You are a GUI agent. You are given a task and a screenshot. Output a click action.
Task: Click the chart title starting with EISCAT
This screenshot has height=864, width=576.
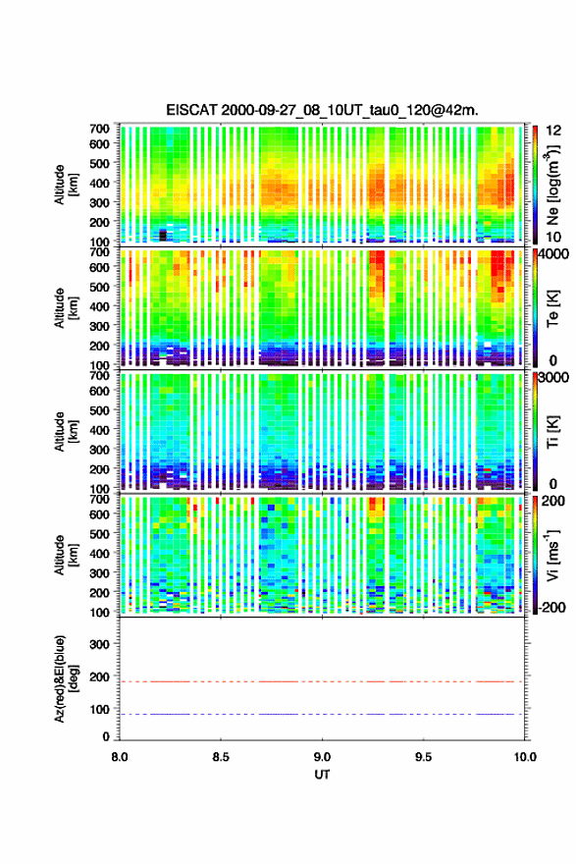[322, 110]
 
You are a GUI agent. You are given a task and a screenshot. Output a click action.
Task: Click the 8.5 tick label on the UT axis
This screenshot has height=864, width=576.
[221, 757]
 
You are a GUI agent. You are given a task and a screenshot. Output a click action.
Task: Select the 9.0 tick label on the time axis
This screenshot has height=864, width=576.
[322, 757]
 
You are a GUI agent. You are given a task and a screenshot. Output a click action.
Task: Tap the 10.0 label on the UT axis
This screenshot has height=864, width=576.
[525, 757]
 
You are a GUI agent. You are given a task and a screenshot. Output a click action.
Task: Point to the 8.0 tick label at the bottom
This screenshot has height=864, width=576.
[120, 757]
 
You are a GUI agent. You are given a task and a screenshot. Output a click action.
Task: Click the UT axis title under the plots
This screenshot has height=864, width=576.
[322, 775]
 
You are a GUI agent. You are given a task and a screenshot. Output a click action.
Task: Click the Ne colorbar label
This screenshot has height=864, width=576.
[552, 185]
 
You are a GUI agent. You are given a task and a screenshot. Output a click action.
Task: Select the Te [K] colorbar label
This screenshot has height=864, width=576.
[552, 308]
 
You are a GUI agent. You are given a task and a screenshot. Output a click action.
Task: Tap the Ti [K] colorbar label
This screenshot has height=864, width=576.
[552, 431]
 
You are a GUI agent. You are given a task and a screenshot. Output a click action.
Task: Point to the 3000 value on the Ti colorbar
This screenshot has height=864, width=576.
[553, 377]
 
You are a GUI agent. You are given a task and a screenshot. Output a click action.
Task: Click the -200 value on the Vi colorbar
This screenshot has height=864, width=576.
[550, 607]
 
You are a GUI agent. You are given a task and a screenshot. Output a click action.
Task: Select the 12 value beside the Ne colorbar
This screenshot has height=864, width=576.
[553, 131]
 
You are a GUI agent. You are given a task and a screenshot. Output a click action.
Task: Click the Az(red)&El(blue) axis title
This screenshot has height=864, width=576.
[66, 678]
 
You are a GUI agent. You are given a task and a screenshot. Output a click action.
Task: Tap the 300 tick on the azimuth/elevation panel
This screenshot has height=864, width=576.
[100, 644]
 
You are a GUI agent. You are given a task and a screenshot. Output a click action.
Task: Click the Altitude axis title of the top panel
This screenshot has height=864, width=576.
[66, 185]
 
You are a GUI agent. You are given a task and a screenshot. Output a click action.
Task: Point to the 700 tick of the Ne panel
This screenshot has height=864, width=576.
[100, 129]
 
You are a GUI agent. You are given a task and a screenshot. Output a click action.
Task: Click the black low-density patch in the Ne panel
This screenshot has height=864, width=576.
[163, 236]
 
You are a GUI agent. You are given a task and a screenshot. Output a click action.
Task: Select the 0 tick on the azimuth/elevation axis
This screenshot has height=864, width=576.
[106, 736]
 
